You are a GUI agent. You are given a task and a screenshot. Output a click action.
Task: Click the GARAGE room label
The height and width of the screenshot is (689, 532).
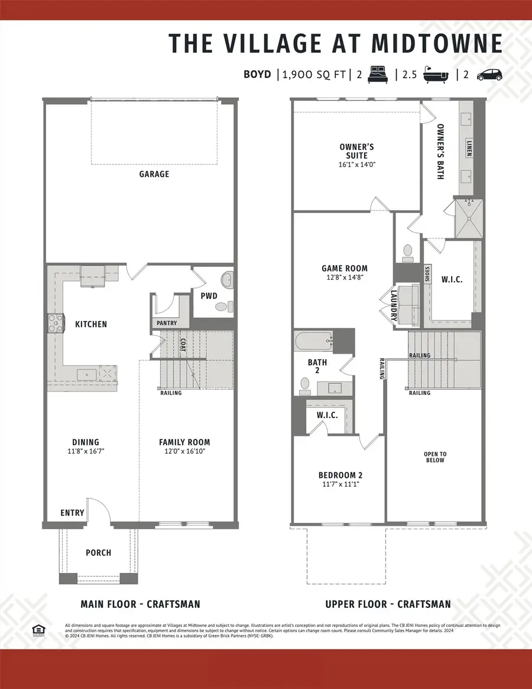point(154,174)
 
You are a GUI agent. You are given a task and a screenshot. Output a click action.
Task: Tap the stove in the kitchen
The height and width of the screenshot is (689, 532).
point(55,324)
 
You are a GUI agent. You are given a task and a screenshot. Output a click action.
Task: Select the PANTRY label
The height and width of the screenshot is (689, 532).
point(167,324)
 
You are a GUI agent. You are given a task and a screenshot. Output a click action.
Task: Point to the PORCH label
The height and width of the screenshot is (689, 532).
point(98,552)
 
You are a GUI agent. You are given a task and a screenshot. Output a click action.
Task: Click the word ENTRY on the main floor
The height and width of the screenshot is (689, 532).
point(73,513)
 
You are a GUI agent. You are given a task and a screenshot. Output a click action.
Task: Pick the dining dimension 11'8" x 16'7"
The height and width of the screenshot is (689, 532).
point(86,451)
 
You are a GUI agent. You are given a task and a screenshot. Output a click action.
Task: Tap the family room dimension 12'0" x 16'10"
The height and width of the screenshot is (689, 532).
point(184,451)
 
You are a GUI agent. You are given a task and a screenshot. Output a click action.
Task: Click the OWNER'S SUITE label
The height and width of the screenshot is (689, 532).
point(356,151)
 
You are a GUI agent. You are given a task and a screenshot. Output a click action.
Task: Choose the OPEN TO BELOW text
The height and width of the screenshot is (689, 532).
point(435,457)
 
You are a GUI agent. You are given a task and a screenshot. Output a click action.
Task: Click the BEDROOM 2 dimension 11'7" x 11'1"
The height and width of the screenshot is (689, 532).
point(339,484)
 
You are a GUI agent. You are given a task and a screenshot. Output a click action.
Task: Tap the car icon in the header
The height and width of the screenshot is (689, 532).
point(489,75)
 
